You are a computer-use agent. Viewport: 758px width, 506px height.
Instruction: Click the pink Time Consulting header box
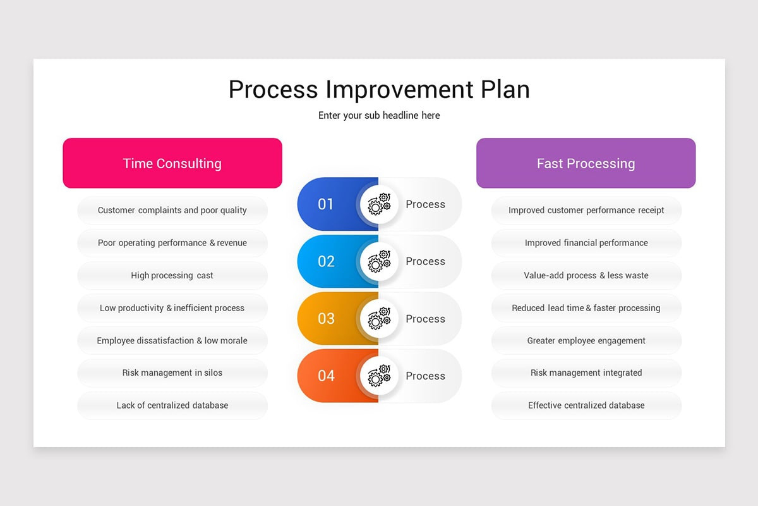172,163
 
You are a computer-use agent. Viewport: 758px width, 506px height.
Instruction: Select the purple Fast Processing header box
586,163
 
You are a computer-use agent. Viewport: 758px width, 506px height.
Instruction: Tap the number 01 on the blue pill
326,204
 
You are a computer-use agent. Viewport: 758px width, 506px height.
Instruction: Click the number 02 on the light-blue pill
326,261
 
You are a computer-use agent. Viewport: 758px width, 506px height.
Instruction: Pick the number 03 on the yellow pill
326,318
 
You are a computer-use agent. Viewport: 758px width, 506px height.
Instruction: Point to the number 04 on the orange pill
326,376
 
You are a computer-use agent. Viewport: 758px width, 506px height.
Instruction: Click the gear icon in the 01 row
379,204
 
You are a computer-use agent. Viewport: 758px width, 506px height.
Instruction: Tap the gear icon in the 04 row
379,375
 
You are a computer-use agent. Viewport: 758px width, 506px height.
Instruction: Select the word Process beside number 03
425,319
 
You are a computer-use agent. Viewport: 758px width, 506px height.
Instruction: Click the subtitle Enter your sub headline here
379,116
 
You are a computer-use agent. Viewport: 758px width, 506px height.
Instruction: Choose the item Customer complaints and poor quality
172,211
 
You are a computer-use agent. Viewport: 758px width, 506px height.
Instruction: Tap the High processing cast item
172,276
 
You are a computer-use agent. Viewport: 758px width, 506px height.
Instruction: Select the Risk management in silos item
172,373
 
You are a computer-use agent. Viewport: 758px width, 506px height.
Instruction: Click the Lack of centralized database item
172,405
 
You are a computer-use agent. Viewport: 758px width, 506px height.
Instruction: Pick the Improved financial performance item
586,243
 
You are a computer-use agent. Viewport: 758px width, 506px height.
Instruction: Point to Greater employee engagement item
586,341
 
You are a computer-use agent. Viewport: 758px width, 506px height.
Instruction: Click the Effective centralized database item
586,405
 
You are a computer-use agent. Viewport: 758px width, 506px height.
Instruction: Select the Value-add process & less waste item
586,276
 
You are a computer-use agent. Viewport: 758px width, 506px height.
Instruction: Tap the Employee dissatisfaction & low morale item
172,341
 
